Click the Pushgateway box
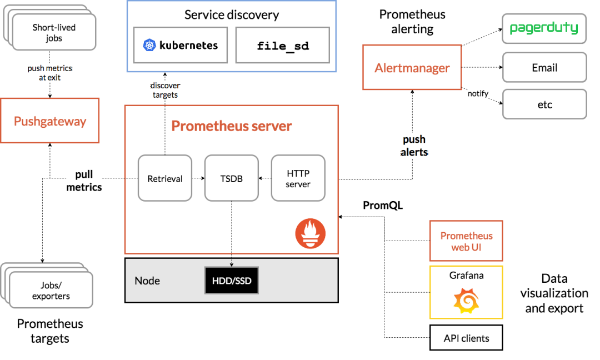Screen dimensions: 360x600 50,121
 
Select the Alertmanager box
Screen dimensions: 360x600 412,68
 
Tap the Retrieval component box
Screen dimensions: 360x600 165,178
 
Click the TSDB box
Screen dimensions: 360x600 231,178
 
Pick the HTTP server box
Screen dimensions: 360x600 298,178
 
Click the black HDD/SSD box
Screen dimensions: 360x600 231,281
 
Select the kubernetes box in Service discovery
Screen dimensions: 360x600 181,46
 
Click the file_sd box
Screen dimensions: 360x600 283,46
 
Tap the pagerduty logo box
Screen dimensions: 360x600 544,28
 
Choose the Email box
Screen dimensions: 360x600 544,68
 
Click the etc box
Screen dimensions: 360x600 544,104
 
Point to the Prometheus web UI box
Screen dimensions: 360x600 466,241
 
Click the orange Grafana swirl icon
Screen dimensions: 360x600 466,301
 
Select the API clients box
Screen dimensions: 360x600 466,338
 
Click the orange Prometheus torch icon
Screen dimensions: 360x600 310,233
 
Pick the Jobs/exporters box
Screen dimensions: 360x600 51,290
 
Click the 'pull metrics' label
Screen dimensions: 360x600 84,181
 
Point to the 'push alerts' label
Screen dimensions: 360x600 414,146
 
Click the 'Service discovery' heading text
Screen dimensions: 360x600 232,15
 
